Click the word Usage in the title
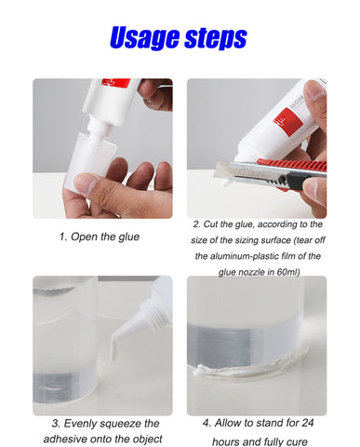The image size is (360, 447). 145,38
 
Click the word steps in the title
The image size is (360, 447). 216,38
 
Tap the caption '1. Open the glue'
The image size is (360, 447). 100,237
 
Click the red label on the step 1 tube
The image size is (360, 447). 116,83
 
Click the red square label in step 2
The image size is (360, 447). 288,122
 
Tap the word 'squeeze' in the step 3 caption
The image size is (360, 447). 120,424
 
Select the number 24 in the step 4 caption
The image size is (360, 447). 307,423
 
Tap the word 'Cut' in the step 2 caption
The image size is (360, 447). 210,224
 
